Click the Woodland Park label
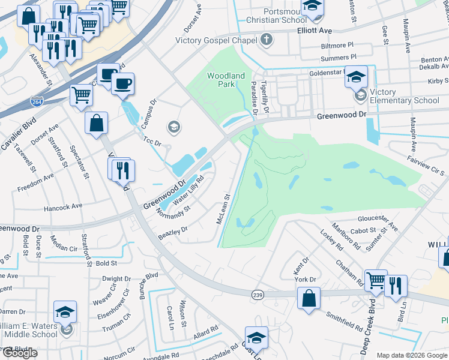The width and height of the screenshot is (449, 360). [x=226, y=80]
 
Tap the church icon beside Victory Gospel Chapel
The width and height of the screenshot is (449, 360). [x=267, y=40]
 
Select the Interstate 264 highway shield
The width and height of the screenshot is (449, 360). [x=37, y=104]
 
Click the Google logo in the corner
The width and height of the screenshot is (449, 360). [x=20, y=353]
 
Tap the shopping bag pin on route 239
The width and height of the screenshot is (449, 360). [x=308, y=298]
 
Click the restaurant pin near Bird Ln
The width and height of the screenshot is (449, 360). [x=396, y=286]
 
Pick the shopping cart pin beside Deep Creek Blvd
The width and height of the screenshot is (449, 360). [x=375, y=280]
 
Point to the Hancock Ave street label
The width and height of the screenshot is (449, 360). [x=62, y=206]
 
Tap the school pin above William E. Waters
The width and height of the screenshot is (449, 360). [x=65, y=312]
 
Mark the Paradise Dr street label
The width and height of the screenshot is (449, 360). [x=255, y=98]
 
